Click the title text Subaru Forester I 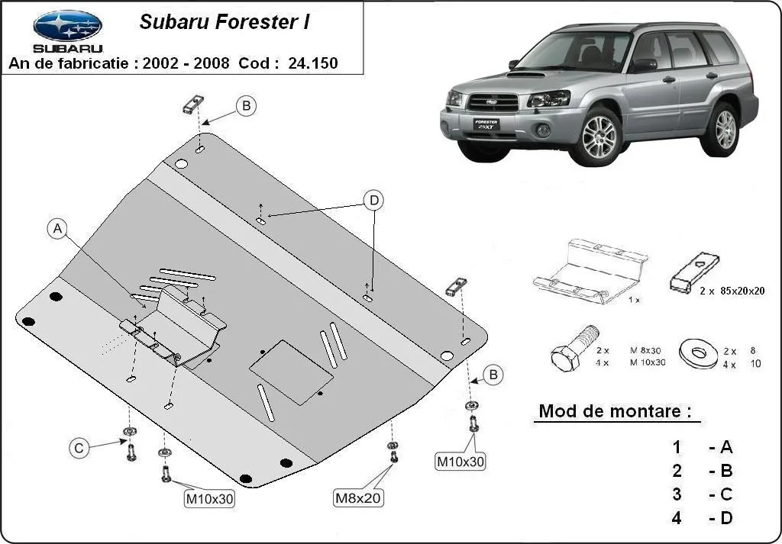tap(224, 22)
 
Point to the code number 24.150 tap(312, 63)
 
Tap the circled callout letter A tap(58, 229)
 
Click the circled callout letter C tap(79, 449)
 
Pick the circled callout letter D tap(373, 201)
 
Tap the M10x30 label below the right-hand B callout tap(460, 461)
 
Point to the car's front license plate tap(485, 125)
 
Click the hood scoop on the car tap(526, 75)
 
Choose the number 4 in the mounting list tap(677, 518)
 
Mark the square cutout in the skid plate tap(291, 372)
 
